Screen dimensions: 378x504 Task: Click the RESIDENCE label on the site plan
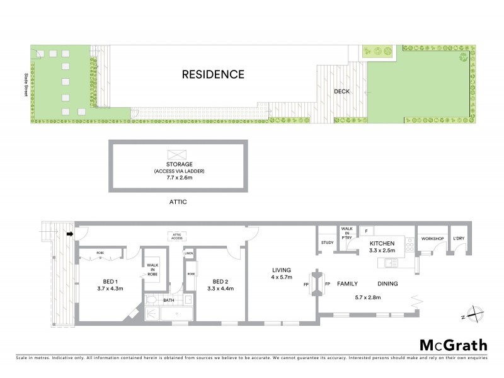pyautogui.click(x=213, y=74)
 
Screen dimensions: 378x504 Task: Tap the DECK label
pyautogui.click(x=341, y=91)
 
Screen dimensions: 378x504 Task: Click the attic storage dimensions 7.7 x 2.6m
pyautogui.click(x=179, y=177)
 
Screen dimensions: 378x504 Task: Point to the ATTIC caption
pyautogui.click(x=178, y=202)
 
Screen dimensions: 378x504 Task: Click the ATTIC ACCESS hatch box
pyautogui.click(x=177, y=236)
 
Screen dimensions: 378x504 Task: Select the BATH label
pyautogui.click(x=168, y=301)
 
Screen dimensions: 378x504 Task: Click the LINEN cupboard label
pyautogui.click(x=188, y=254)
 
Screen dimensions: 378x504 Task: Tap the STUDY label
pyautogui.click(x=327, y=243)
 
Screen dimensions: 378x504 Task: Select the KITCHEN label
pyautogui.click(x=382, y=243)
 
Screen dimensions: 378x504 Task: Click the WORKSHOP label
pyautogui.click(x=433, y=239)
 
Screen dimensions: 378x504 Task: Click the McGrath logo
pyautogui.click(x=453, y=345)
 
